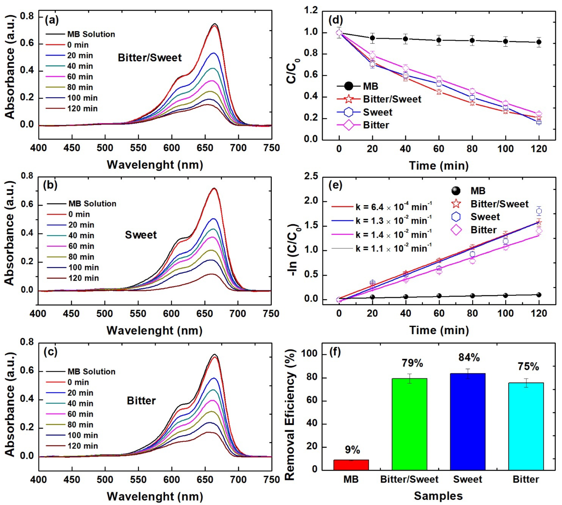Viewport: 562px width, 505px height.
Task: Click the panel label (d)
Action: click(335, 20)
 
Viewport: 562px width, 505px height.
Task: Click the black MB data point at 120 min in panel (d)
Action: click(539, 42)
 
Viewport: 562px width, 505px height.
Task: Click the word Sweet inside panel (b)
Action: click(141, 235)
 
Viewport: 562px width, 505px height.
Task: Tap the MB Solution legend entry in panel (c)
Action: click(91, 371)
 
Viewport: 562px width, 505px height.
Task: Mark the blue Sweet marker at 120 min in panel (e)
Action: click(539, 211)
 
